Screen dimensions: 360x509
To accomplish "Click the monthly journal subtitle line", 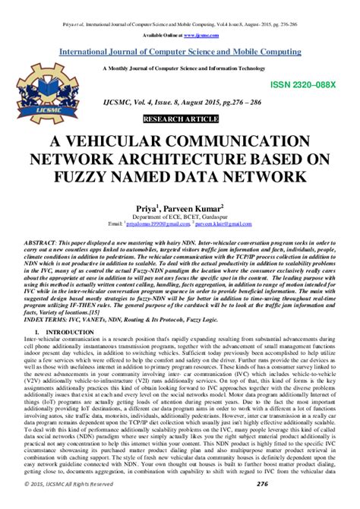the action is point(180,68).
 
